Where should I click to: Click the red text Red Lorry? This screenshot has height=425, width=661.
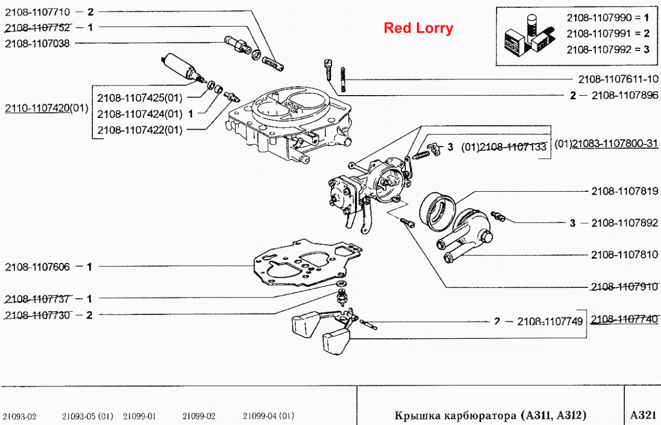418,28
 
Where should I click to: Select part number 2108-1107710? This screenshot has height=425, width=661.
38,12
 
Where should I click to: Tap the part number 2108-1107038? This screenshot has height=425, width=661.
38,44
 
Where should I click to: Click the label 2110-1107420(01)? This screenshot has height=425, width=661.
47,108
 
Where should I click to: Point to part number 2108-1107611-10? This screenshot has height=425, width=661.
618,79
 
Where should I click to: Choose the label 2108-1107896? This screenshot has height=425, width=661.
625,95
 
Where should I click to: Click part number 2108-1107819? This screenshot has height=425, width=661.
625,191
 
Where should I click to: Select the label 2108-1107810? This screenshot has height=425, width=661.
625,254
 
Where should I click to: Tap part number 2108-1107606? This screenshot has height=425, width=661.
38,267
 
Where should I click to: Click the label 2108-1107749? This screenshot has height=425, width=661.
550,321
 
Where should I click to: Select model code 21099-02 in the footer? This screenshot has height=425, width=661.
199,416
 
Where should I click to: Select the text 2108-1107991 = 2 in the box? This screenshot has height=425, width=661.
608,33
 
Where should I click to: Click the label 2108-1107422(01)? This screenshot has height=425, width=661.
140,130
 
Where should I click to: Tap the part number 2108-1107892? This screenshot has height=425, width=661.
625,223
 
